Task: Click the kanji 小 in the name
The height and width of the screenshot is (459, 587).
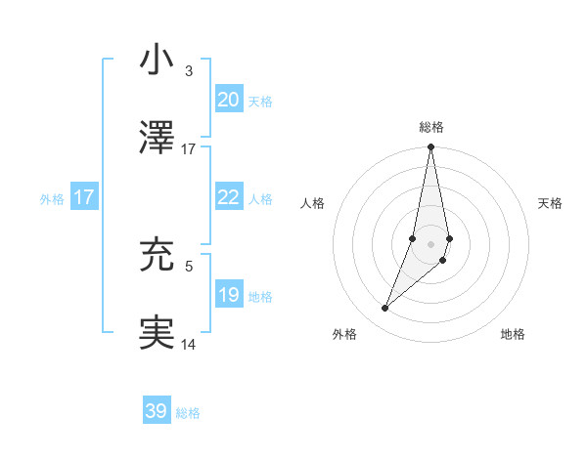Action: [158, 60]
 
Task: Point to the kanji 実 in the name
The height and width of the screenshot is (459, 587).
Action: [158, 331]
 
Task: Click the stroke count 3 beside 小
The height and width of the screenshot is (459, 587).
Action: [189, 71]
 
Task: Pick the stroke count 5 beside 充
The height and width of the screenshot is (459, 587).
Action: [189, 265]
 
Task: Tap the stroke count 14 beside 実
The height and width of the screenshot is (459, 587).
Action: [189, 344]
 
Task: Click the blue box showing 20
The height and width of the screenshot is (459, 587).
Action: [228, 99]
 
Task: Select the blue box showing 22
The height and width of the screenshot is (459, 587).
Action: [228, 197]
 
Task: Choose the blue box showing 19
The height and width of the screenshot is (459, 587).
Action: [228, 295]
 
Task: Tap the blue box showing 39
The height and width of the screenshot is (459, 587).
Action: [156, 411]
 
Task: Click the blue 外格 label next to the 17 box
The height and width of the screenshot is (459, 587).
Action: [52, 198]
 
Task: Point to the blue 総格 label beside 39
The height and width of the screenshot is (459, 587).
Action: [188, 413]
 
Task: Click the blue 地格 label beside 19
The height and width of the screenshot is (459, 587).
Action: [260, 296]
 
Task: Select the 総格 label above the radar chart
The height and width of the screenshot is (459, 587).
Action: [431, 127]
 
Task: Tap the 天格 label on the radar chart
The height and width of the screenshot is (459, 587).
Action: [551, 203]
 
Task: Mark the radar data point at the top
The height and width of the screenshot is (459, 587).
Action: [431, 147]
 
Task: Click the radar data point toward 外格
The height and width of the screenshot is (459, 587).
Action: [385, 309]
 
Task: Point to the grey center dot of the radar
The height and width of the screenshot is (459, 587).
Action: [431, 244]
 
